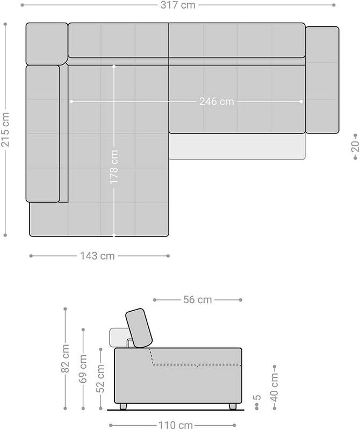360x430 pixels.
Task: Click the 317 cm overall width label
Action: click(178, 5)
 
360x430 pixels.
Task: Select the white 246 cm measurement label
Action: click(217, 102)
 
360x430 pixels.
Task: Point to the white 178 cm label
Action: click(114, 167)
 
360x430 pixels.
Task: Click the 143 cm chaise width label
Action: click(97, 256)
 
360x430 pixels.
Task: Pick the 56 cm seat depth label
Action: click(198, 299)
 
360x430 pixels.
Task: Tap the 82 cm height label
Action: click(65, 359)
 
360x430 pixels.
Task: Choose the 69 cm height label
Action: click(83, 369)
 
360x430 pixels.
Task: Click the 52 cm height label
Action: click(100, 378)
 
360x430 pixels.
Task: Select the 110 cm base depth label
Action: click(176, 425)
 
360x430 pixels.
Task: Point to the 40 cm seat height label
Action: click(274, 387)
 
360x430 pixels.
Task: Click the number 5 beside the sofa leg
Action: click(257, 397)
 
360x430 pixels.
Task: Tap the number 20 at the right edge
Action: click(355, 146)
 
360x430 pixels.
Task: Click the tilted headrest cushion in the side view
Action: click(139, 328)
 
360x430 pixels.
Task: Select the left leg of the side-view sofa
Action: click(124, 406)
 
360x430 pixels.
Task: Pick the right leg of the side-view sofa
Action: click(233, 406)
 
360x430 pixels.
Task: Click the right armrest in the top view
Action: click(322, 80)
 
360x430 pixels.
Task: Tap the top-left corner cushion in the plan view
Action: click(46, 44)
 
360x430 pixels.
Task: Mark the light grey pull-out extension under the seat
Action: click(237, 146)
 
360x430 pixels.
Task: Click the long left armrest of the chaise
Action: click(43, 134)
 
